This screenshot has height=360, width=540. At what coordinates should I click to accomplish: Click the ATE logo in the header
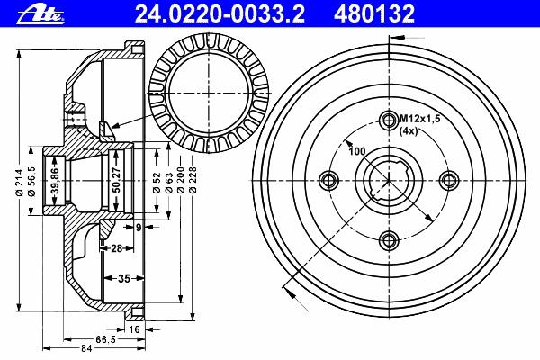pyautogui.click(x=40, y=14)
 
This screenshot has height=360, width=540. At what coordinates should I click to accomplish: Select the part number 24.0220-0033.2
pyautogui.click(x=220, y=14)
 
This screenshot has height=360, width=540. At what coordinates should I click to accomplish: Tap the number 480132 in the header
pyautogui.click(x=373, y=14)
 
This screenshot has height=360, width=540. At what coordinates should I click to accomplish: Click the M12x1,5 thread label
pyautogui.click(x=419, y=119)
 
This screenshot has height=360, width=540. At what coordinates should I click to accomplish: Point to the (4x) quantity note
pyautogui.click(x=409, y=130)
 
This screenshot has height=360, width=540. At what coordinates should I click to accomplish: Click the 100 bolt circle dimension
pyautogui.click(x=357, y=151)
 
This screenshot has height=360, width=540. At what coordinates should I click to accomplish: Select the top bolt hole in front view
pyautogui.click(x=389, y=120)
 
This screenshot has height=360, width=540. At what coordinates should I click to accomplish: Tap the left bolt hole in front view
pyautogui.click(x=329, y=180)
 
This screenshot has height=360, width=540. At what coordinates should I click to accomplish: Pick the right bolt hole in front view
pyautogui.click(x=449, y=180)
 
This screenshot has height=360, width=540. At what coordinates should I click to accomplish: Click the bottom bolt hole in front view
pyautogui.click(x=389, y=240)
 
